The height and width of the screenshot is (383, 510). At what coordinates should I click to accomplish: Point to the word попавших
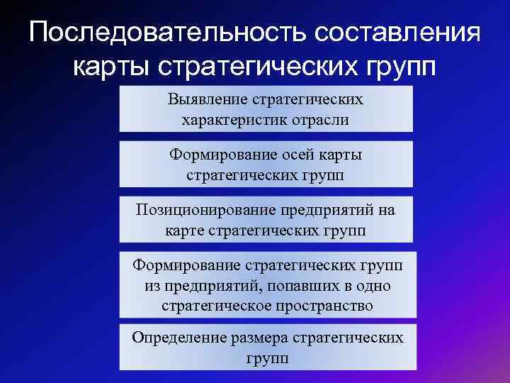click(x=280, y=286)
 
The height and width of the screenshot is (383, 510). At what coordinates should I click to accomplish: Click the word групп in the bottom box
click(x=266, y=357)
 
